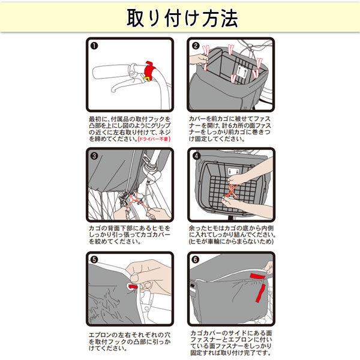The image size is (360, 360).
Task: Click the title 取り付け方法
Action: tap(182, 18)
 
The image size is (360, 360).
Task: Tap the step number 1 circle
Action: tap(94, 46)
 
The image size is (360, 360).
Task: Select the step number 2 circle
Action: tap(196, 46)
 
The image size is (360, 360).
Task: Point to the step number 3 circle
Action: tap(94, 156)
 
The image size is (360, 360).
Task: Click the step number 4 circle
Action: tap(196, 156)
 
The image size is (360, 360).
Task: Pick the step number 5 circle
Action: tap(94, 260)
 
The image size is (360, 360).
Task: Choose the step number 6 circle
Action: tap(196, 260)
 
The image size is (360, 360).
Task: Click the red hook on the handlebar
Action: tap(149, 70)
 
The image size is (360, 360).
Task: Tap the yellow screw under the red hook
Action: tap(147, 79)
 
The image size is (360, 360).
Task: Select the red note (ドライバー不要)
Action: tap(154, 139)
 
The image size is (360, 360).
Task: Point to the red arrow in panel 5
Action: tap(133, 287)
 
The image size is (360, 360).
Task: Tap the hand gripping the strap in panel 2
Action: tap(199, 60)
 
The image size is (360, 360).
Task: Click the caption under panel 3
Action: tap(130, 235)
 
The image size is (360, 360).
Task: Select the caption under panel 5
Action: tap(130, 341)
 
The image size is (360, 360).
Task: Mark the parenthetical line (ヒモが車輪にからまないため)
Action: tap(231, 242)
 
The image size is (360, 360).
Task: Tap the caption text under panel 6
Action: tap(231, 343)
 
